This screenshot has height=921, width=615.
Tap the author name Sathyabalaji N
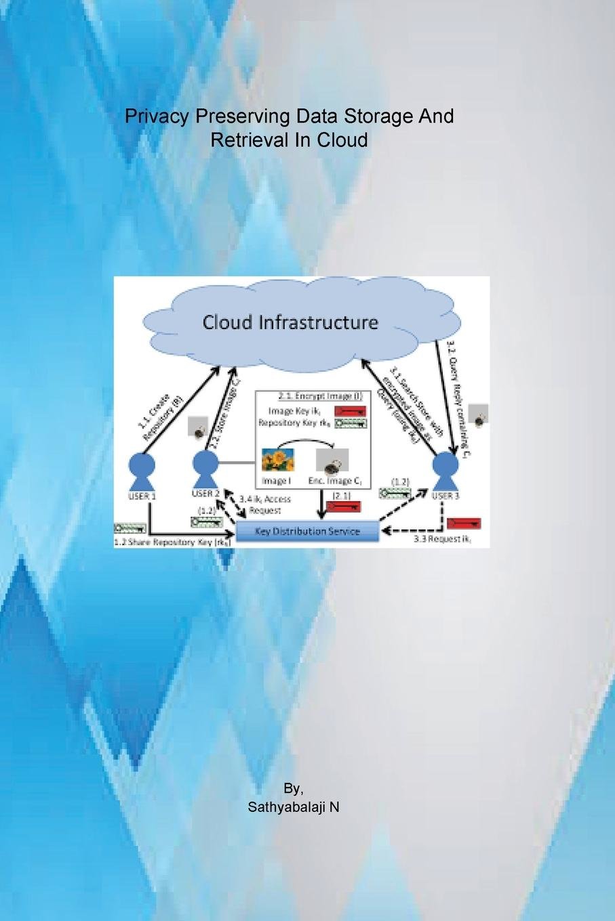point(294,807)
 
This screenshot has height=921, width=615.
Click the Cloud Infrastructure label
point(290,322)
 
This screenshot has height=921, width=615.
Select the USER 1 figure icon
point(142,471)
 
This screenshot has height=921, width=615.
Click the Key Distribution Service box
point(307,531)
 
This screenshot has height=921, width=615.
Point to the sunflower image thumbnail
point(278,460)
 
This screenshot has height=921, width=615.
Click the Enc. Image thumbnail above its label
point(333,462)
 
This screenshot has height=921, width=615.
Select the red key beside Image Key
point(350,411)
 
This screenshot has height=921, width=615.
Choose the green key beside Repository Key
point(350,424)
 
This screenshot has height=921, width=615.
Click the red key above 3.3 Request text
point(464,523)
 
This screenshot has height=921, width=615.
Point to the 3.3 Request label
point(442,540)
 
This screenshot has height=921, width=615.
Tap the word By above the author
point(293,789)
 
